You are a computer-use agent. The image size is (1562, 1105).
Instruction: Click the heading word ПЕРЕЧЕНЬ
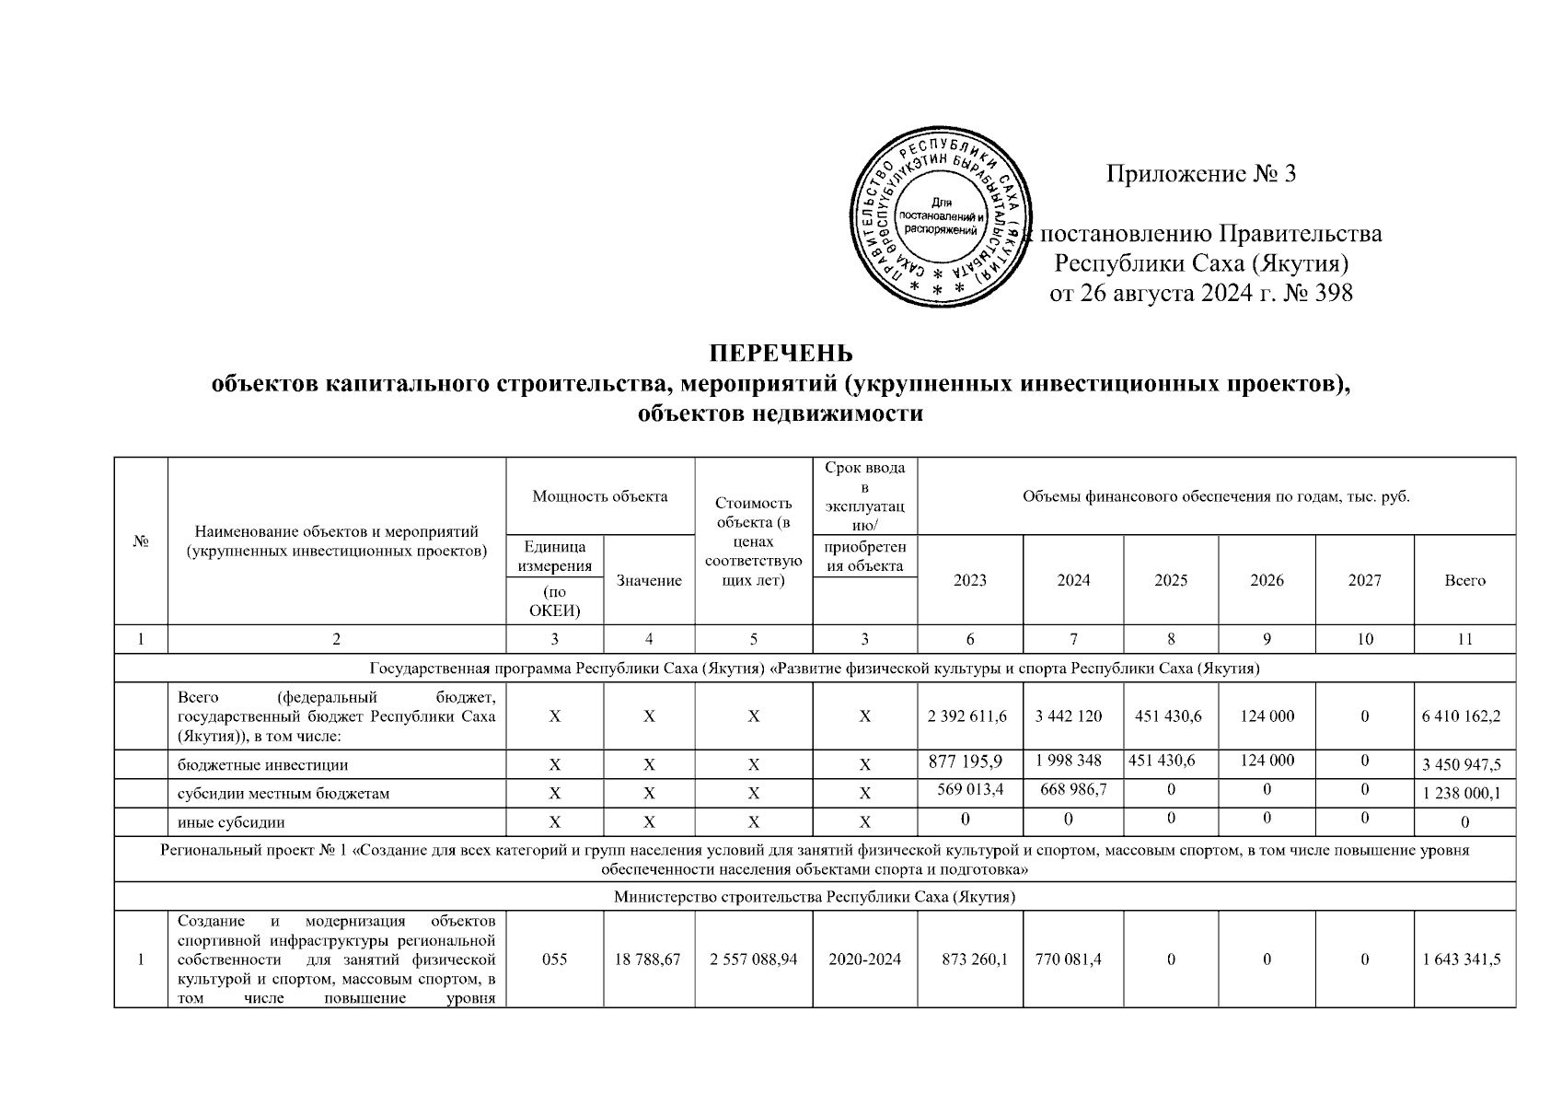(x=781, y=354)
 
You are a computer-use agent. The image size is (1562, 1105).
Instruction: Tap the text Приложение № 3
(x=1200, y=173)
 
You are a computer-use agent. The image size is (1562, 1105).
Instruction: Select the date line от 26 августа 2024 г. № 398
(x=1200, y=294)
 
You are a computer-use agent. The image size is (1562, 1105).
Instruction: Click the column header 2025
(x=1170, y=580)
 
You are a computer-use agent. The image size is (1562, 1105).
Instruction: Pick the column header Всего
(x=1464, y=580)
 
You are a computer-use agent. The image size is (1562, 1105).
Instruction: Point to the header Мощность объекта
(x=600, y=496)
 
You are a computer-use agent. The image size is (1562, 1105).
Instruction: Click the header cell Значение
(x=649, y=580)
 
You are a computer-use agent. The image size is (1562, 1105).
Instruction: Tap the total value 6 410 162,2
(x=1464, y=715)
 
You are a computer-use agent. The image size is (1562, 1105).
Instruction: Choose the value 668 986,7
(x=1073, y=789)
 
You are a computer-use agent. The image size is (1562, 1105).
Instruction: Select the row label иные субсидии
(x=231, y=822)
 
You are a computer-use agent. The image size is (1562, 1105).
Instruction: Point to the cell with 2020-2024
(x=864, y=959)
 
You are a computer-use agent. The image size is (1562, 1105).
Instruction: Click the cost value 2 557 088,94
(x=753, y=959)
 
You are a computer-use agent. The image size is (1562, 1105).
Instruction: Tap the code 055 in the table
(x=554, y=959)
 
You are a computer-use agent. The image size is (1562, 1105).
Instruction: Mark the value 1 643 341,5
(x=1464, y=959)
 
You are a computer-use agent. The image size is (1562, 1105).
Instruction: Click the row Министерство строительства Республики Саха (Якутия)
(x=815, y=896)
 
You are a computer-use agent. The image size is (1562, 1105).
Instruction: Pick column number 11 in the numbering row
(x=1464, y=639)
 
